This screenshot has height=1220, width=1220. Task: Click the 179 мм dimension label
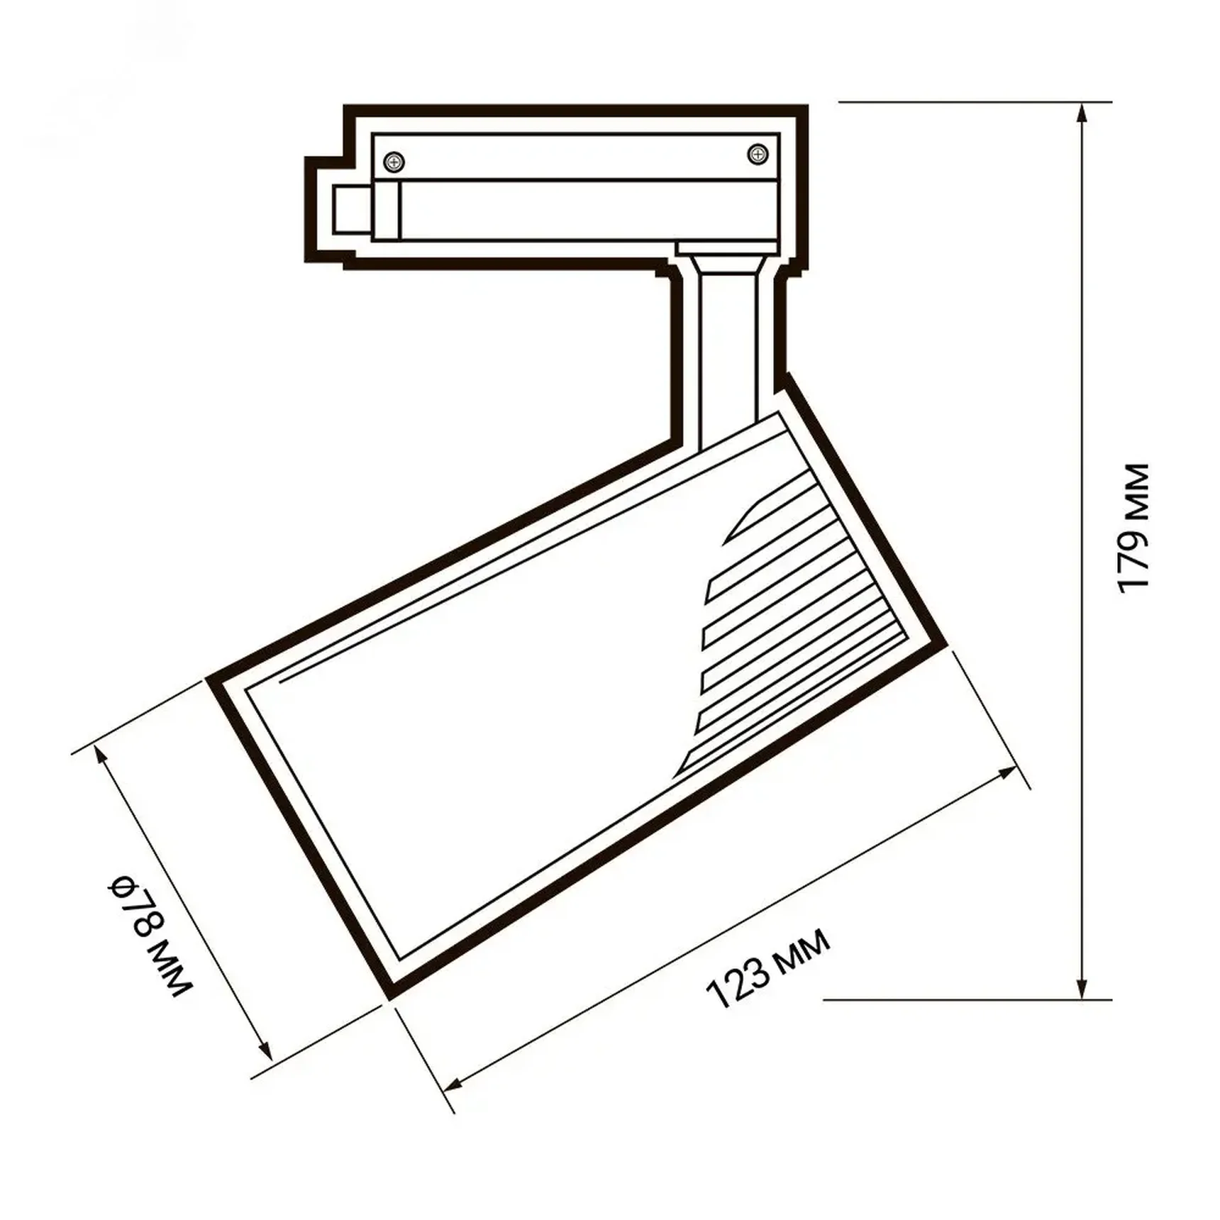[x=1132, y=528]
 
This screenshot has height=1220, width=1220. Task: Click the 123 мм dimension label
[x=767, y=969]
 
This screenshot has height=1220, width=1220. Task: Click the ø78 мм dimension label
[x=150, y=936]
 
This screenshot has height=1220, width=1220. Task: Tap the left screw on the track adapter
[x=394, y=162]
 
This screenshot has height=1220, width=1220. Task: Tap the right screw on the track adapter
[x=758, y=153]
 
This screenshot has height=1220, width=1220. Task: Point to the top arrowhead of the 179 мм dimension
[x=1082, y=113]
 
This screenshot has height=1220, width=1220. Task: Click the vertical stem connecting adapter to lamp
[x=728, y=355]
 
